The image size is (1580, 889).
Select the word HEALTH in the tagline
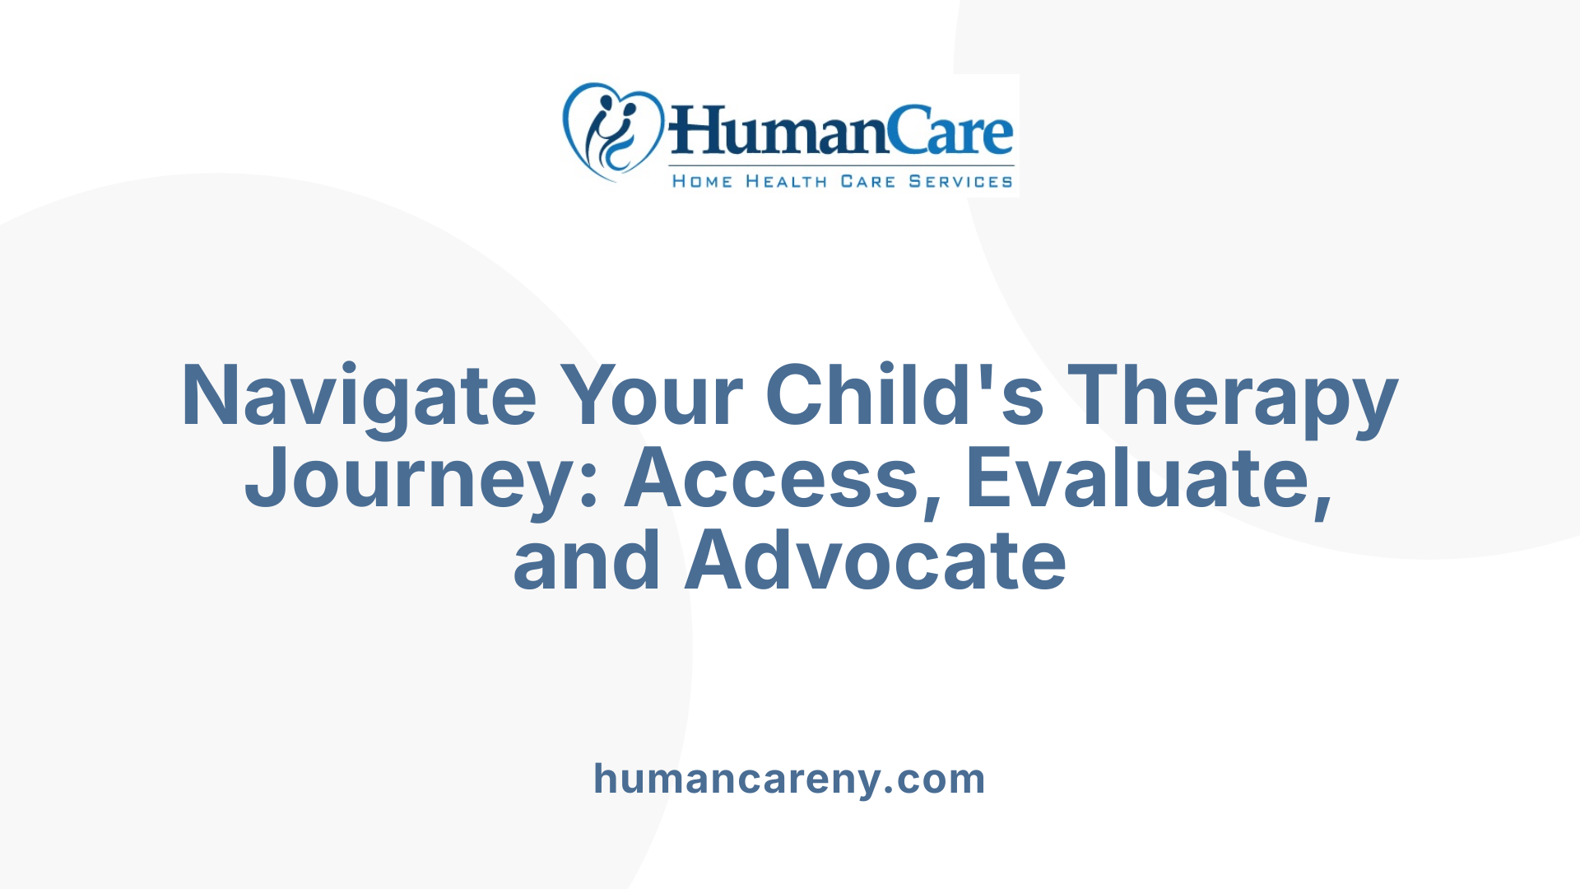[x=786, y=181]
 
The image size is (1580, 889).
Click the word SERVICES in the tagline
[x=960, y=181]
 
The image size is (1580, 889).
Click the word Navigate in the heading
[x=359, y=397]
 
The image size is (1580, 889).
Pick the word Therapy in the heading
[x=1233, y=397]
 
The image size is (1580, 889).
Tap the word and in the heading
[x=586, y=561]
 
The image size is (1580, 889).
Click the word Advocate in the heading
[x=876, y=561]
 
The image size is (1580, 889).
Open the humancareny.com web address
[x=789, y=779]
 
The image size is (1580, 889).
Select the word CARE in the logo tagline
[x=867, y=181]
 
